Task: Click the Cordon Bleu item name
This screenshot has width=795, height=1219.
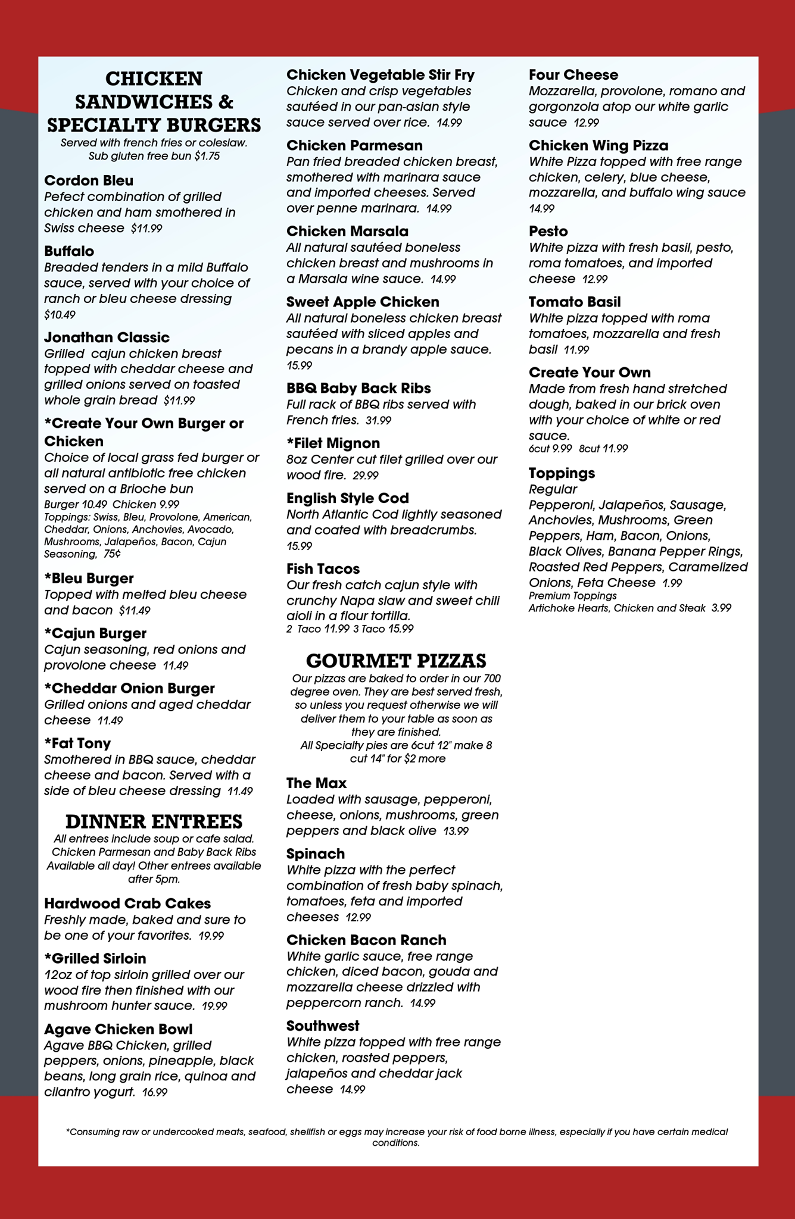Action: [x=89, y=180]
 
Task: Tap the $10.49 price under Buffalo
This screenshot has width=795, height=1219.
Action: [x=60, y=314]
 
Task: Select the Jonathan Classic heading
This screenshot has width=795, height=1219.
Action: [x=107, y=337]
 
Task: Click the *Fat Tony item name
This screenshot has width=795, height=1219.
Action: [x=77, y=743]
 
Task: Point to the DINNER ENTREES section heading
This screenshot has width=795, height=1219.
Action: [x=154, y=821]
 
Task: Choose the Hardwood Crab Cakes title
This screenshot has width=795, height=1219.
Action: [x=127, y=904]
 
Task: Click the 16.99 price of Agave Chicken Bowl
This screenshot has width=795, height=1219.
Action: [x=155, y=1092]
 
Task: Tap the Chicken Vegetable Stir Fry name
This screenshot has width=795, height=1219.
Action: [x=381, y=75]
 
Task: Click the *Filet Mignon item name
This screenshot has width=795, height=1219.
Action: [x=333, y=443]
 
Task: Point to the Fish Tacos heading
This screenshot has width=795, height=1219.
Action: [x=323, y=568]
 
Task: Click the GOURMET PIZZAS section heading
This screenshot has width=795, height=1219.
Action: [x=396, y=661]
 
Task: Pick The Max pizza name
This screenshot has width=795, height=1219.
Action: [x=316, y=783]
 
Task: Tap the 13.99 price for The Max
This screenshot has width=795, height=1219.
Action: [x=456, y=831]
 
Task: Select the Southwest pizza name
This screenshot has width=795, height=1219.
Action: [x=323, y=1026]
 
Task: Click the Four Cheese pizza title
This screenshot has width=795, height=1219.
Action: [x=573, y=75]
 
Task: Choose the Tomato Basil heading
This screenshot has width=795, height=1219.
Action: [x=575, y=302]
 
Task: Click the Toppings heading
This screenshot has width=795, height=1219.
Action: [x=562, y=473]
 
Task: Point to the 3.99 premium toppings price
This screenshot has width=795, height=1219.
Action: [x=721, y=608]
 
